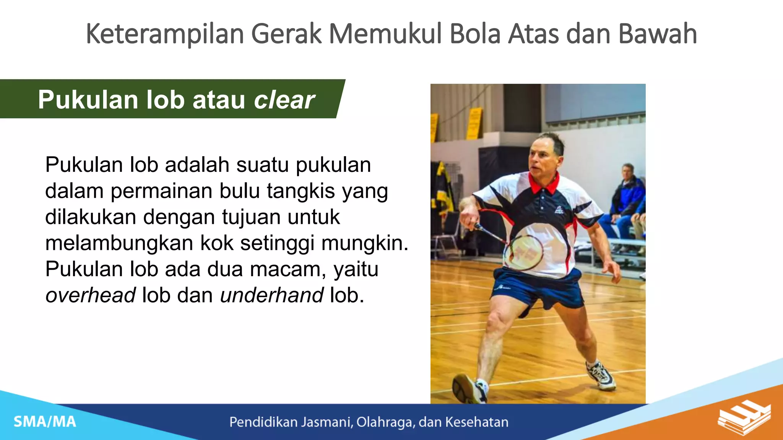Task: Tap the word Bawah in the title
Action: click(x=658, y=34)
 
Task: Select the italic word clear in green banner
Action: click(x=284, y=100)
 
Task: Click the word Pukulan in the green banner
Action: click(x=88, y=100)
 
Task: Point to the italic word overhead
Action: click(x=90, y=295)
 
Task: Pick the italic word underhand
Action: click(x=272, y=295)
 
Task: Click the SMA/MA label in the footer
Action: click(x=45, y=422)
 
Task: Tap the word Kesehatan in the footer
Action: click(x=477, y=422)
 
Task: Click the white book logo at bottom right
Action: click(x=744, y=417)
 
